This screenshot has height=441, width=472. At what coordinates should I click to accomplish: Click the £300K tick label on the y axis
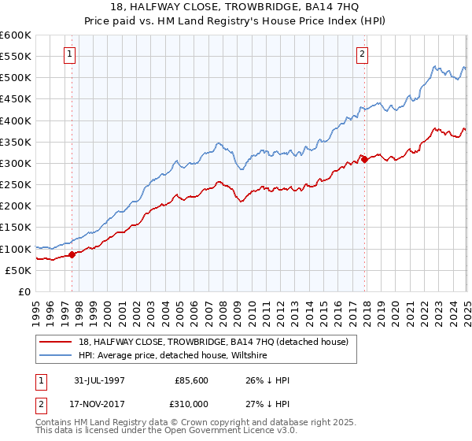click(x=16, y=163)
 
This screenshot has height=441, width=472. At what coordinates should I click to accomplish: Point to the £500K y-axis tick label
click(x=16, y=77)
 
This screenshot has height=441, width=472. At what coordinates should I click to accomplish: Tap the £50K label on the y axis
click(x=18, y=270)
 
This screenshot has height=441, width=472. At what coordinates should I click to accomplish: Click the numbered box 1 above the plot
click(x=70, y=54)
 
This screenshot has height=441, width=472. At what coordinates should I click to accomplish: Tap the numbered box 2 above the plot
click(x=362, y=54)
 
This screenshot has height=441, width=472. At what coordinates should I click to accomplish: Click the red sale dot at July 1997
click(x=72, y=254)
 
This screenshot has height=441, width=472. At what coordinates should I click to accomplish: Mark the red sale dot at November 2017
click(x=364, y=159)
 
